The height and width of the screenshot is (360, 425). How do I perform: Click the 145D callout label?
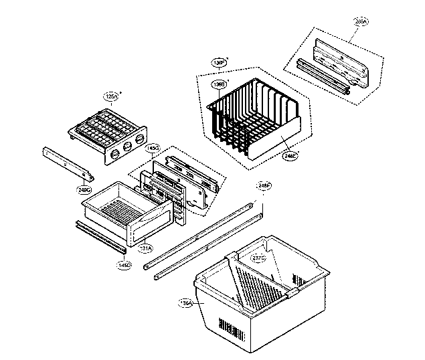coord(124,265)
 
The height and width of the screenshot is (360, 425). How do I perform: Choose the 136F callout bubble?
coord(218,62)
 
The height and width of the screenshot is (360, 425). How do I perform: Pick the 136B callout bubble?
coord(218,84)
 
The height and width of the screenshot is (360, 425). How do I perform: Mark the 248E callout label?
coord(290,156)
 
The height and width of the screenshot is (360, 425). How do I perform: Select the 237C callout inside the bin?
coord(258,258)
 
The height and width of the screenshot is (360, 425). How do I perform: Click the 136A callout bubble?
coord(186,303)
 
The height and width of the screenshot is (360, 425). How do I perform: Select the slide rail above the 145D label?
coord(100,237)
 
